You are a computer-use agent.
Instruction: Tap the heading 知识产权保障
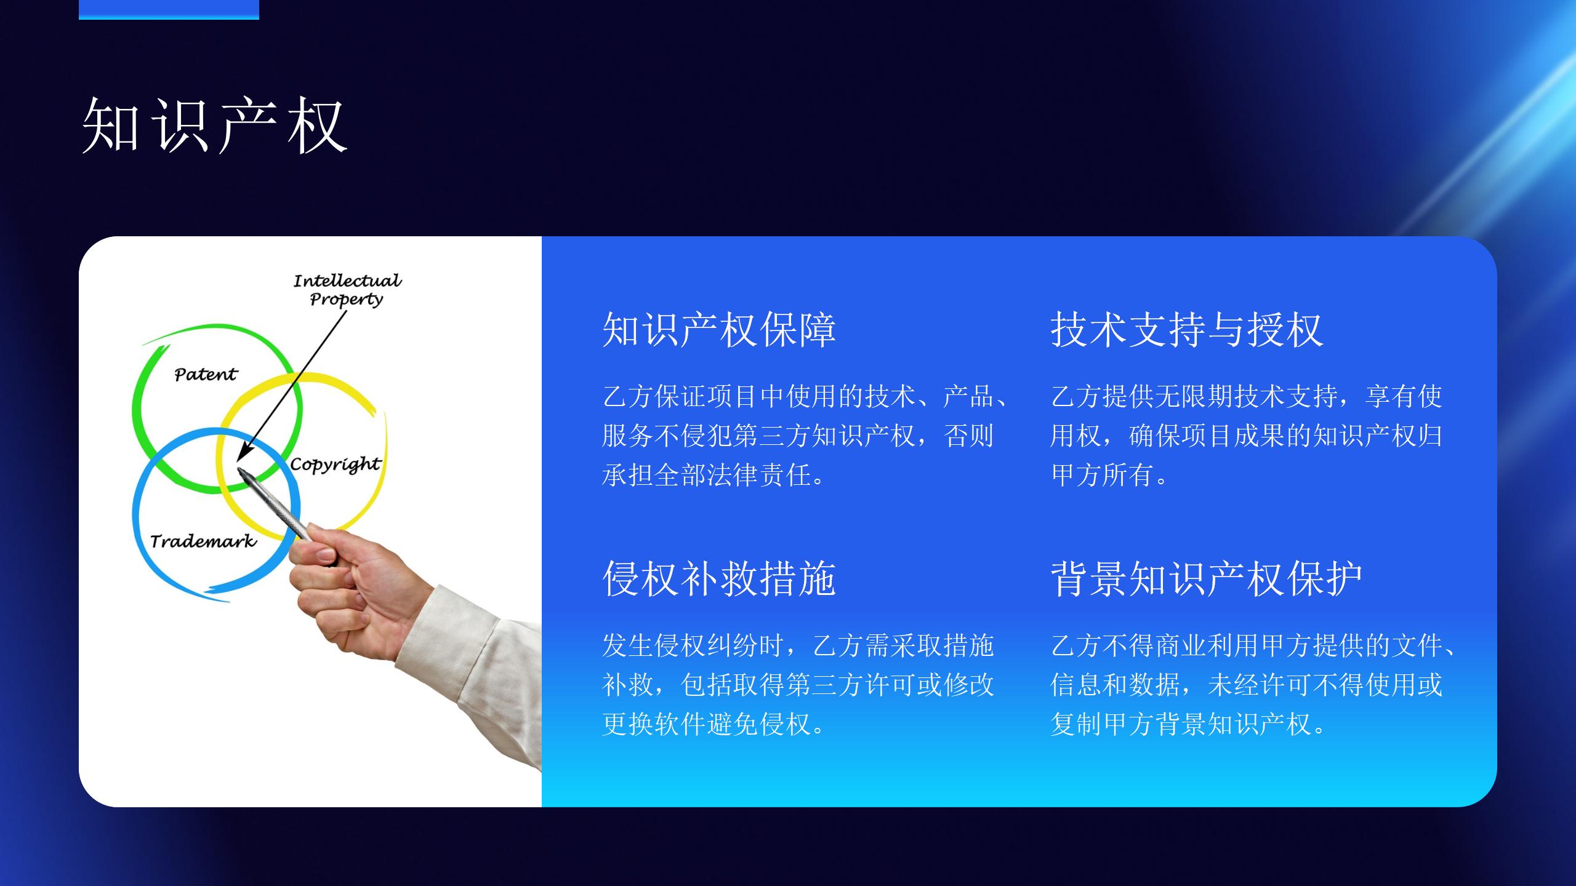point(719,330)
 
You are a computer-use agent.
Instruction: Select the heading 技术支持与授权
point(1187,330)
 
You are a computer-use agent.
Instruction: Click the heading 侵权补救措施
point(719,579)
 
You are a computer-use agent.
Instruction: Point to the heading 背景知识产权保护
point(1207,579)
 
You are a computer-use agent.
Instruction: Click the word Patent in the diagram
point(206,374)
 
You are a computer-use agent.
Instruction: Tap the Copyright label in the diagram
point(336,465)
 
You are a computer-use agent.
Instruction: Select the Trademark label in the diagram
point(203,541)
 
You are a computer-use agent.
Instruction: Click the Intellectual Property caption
point(347,290)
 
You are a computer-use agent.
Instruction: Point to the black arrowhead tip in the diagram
point(238,460)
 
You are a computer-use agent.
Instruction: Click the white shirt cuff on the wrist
point(468,658)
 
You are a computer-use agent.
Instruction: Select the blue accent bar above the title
point(169,10)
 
